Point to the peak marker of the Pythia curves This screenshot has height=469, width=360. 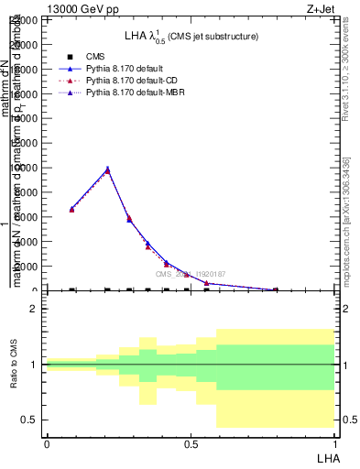tap(107, 169)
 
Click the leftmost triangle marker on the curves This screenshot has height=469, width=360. tap(72, 209)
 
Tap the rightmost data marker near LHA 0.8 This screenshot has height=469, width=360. tap(275, 289)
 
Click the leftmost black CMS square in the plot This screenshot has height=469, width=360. tap(72, 290)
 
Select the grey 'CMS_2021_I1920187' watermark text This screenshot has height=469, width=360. tap(190, 274)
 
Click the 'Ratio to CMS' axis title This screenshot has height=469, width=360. tap(14, 365)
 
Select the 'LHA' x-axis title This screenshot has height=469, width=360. tap(327, 456)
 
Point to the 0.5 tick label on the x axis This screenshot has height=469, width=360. tap(191, 442)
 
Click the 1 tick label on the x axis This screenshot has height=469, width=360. tap(335, 442)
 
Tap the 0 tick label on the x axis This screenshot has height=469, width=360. tap(47, 442)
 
